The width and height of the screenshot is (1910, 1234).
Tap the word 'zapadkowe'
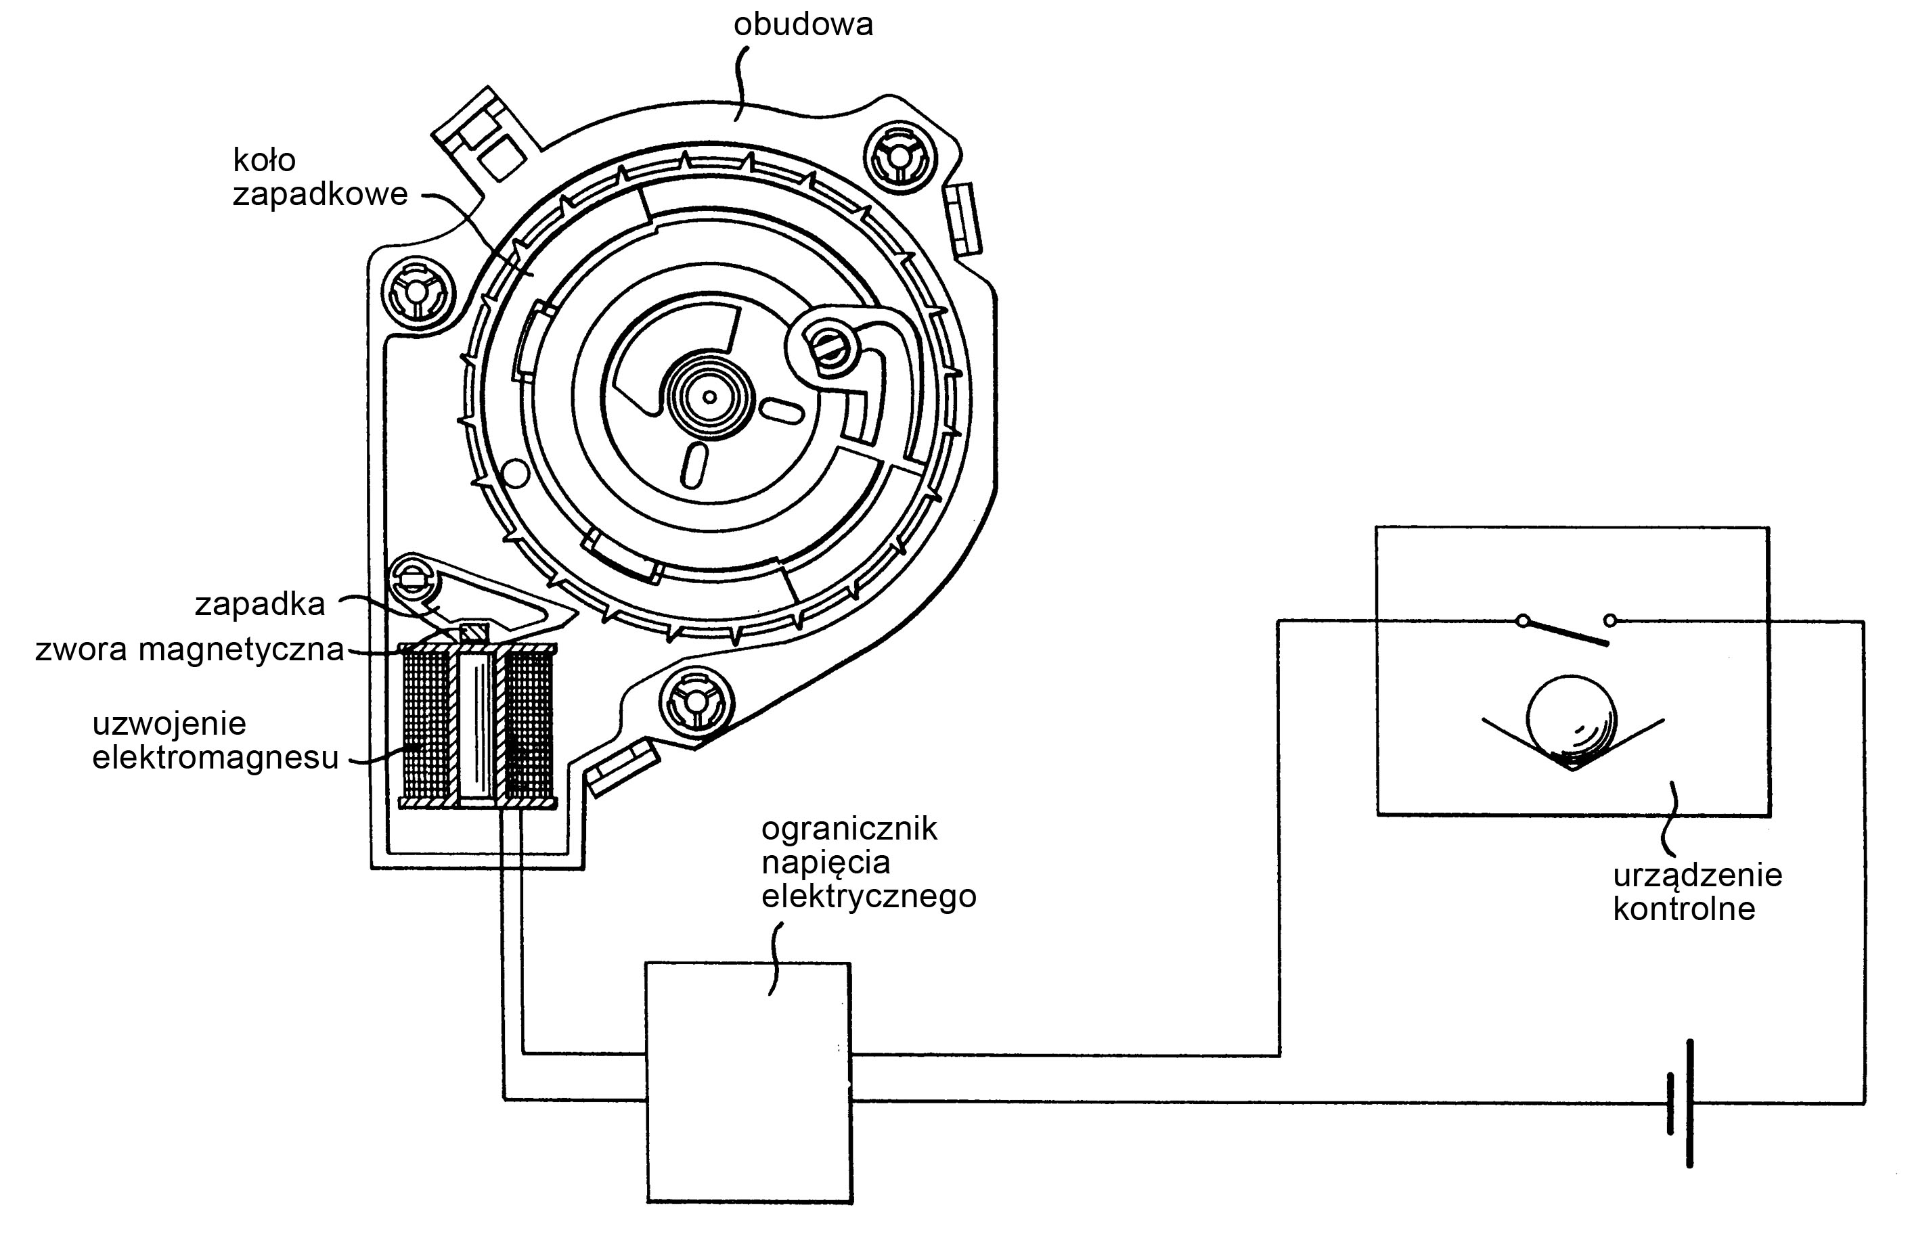[x=320, y=195]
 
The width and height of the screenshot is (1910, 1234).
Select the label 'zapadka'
[x=260, y=604]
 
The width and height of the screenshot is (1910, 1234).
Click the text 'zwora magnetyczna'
[x=189, y=649]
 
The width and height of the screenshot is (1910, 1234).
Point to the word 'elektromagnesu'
[x=215, y=757]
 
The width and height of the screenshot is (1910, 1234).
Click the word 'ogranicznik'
[x=849, y=829]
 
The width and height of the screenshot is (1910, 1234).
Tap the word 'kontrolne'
[x=1683, y=909]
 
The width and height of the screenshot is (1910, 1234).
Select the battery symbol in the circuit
[x=1681, y=1103]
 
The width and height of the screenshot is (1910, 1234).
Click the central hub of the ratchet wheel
[x=709, y=396]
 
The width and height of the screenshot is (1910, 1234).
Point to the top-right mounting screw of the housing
[x=900, y=157]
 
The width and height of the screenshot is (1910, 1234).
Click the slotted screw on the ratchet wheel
[x=826, y=347]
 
